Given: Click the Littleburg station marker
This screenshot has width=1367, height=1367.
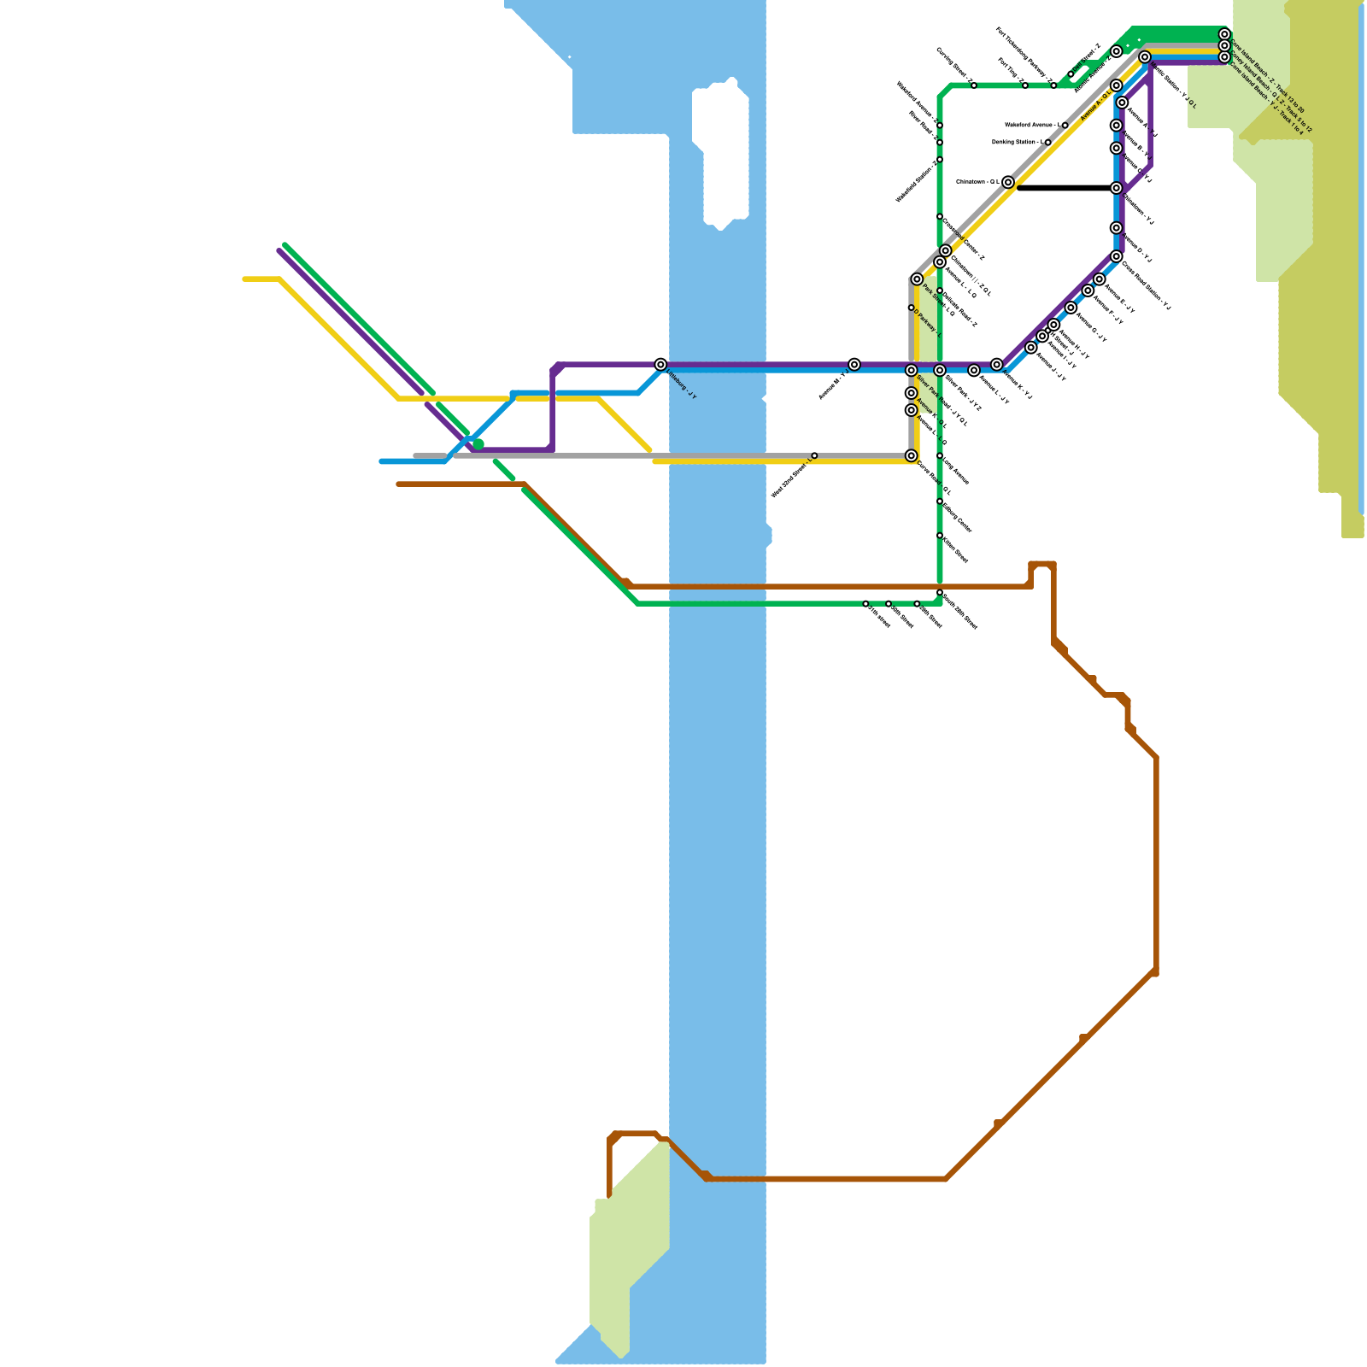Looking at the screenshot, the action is tap(660, 365).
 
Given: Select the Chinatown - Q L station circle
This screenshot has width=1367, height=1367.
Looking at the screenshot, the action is tap(1008, 182).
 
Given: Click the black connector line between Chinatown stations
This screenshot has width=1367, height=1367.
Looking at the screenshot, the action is tap(1064, 188).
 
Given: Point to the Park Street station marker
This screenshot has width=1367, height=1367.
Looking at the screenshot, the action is tap(917, 279).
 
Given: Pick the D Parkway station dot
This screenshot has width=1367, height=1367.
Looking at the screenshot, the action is tap(911, 308).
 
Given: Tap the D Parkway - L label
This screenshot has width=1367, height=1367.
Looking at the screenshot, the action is tap(927, 323).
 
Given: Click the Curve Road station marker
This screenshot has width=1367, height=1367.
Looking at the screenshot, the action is tap(912, 456).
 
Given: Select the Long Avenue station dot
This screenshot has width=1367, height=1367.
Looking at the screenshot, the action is tap(940, 456).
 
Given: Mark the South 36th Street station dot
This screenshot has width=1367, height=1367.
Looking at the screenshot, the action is tap(940, 592).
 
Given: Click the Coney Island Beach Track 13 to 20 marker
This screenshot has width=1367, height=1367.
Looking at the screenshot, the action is tap(1224, 34).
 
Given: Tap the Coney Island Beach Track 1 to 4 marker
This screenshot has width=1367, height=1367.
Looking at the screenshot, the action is tap(1224, 57).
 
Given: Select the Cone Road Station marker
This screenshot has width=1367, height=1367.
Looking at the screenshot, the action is tap(1117, 256).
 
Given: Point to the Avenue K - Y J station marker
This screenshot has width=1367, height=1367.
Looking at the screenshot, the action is tap(997, 365).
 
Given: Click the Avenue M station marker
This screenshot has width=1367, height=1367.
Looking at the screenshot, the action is tap(854, 365).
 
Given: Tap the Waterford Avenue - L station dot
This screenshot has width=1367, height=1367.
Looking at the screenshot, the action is tap(1065, 126).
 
